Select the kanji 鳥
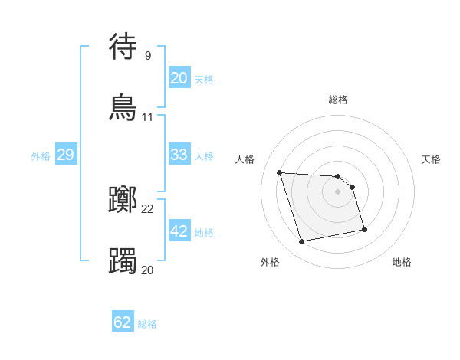(x=123, y=106)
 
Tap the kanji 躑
(x=123, y=201)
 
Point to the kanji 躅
(x=123, y=260)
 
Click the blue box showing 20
(x=179, y=77)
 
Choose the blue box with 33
(x=179, y=155)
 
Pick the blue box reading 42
(x=179, y=231)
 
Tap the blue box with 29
(x=66, y=155)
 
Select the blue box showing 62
(x=123, y=322)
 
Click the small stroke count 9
(x=147, y=55)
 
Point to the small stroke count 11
(x=147, y=117)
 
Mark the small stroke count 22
(x=147, y=209)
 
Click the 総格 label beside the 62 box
(x=147, y=324)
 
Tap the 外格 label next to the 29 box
(x=41, y=156)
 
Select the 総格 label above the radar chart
(x=337, y=100)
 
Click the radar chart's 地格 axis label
(x=402, y=262)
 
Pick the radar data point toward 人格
(x=280, y=172)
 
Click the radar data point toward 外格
(x=302, y=242)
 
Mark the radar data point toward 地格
(x=364, y=228)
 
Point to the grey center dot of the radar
(x=337, y=191)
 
